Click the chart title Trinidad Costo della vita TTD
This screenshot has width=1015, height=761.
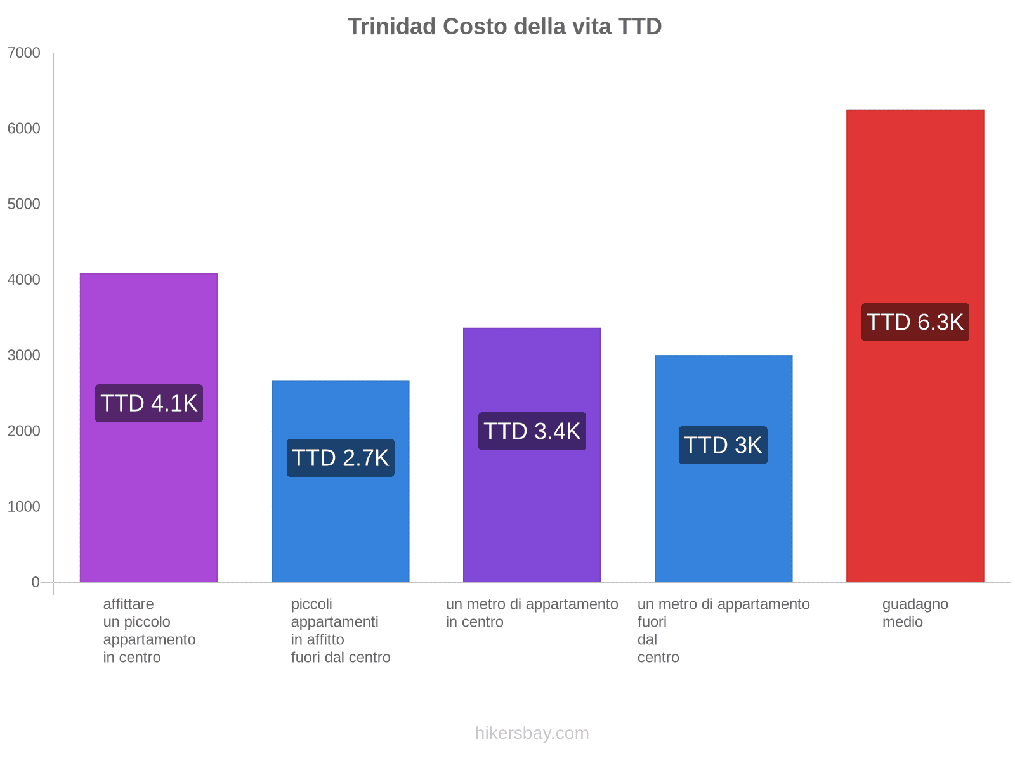coord(504,27)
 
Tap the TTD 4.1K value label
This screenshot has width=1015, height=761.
coord(149,403)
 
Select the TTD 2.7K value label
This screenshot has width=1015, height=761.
coord(341,458)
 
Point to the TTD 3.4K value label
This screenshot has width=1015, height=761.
coord(532,431)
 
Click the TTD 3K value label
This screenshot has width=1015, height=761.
coord(723,445)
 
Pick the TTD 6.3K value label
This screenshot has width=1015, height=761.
coord(915,322)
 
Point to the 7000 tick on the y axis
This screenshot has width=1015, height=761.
coord(24,53)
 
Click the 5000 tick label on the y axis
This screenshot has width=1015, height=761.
coord(24,204)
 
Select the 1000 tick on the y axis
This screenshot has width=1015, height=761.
coord(24,507)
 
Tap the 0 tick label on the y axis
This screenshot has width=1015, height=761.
coord(36,582)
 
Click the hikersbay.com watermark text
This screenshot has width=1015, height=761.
coord(532,733)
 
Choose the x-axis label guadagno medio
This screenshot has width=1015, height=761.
coord(915,613)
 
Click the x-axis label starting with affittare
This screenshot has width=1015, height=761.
coord(149,630)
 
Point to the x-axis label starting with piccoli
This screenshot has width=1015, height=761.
coord(341,630)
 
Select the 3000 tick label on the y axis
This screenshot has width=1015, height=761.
coord(24,355)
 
